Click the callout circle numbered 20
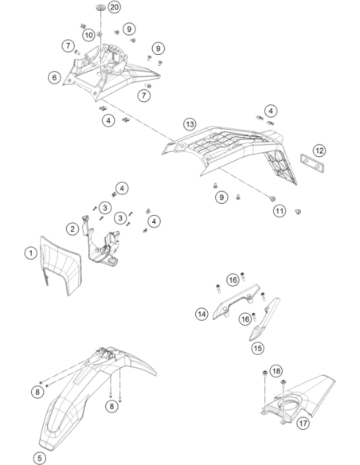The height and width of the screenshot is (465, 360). pos(114,7)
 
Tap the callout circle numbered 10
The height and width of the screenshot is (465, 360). pos(88,35)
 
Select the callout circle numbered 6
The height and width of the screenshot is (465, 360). pos(54,77)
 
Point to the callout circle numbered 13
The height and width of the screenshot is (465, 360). pos(190,124)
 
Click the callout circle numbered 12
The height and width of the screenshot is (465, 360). pos(319,150)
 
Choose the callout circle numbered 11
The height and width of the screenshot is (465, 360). pos(280,211)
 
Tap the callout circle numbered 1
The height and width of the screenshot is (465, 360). pos(30,253)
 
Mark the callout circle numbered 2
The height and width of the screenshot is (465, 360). pos(72,229)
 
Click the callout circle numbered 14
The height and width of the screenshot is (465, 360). pos(202,314)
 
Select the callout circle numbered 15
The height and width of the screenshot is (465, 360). pos(258,348)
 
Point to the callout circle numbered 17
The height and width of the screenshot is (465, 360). pos(303,423)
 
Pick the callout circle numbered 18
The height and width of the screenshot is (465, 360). pos(276,371)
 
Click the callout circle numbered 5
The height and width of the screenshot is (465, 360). pos(40,458)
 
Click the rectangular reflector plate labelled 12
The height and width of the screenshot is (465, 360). pos(312,163)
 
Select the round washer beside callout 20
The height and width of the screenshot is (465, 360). pos(101,7)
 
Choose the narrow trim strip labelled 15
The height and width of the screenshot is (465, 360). pos(264,320)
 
